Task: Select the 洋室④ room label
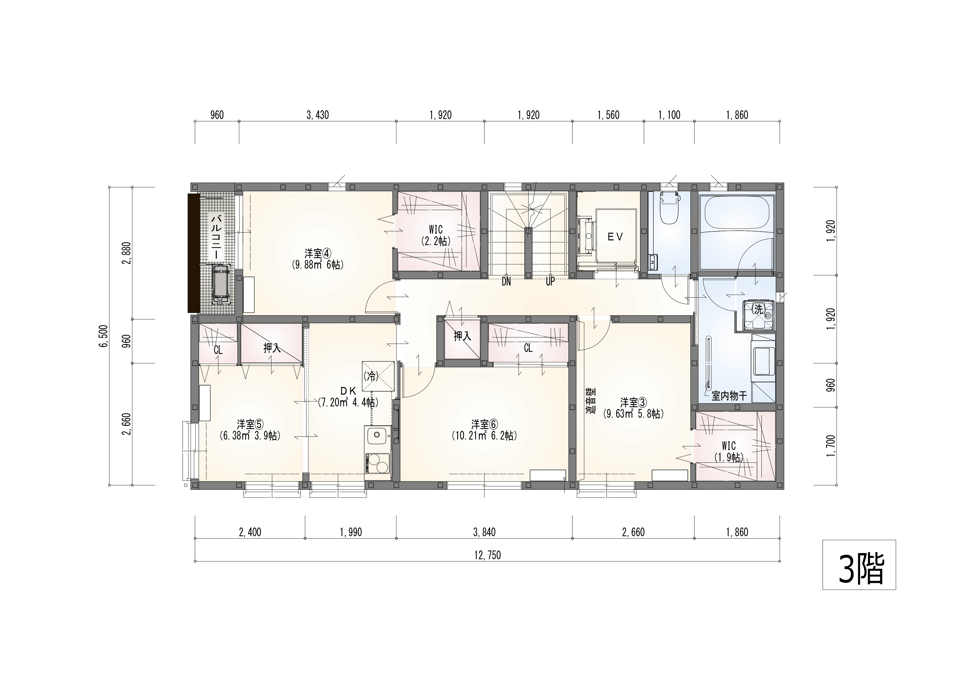(x=318, y=253)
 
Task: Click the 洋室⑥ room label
(x=485, y=424)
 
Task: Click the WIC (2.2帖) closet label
(x=436, y=235)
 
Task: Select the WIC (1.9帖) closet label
(x=729, y=452)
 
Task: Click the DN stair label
(x=506, y=282)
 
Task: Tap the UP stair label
(x=550, y=282)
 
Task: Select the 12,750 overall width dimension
(x=487, y=556)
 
